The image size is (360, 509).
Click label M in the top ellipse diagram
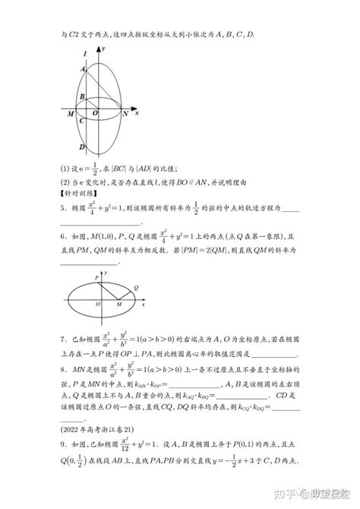pyautogui.click(x=69, y=114)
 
